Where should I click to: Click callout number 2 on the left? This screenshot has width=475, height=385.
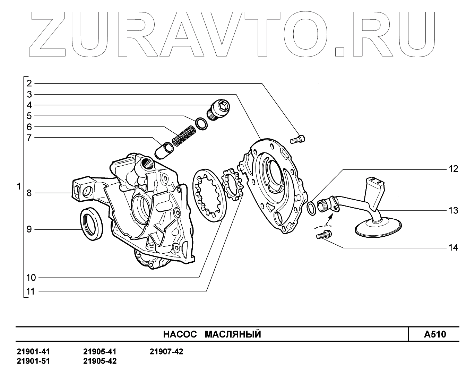[29, 83]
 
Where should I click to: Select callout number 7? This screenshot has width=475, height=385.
[29, 137]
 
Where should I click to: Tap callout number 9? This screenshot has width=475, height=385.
[29, 229]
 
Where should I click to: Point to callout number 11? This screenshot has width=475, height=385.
[31, 291]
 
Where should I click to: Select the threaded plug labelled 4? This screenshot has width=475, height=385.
[219, 110]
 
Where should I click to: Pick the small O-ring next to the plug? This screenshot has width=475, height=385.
[201, 124]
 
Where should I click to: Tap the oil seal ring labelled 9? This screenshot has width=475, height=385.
[92, 224]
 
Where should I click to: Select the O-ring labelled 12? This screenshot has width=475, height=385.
[312, 208]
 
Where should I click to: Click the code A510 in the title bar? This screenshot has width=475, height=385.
[435, 334]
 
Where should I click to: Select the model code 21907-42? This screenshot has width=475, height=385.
[166, 352]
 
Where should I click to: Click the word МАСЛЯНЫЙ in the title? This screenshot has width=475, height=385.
[233, 334]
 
